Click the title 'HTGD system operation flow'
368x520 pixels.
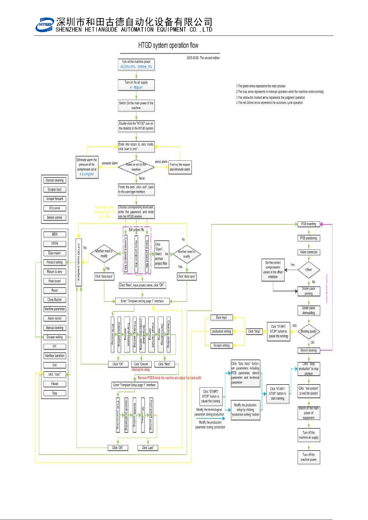(x=168, y=45)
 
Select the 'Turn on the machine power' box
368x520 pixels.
(x=136, y=64)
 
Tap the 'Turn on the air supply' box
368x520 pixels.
(x=136, y=85)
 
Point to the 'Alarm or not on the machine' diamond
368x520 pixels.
(x=136, y=167)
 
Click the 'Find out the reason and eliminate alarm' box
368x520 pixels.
(x=180, y=167)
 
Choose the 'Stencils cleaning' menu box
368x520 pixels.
(x=55, y=180)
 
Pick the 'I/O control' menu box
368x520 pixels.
(x=55, y=208)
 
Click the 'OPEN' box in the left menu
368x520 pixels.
(x=55, y=244)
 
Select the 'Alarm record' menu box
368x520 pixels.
(x=55, y=318)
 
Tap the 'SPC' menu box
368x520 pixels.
(x=55, y=346)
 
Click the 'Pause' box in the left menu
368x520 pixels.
(x=55, y=384)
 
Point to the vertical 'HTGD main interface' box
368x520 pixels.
(x=79, y=262)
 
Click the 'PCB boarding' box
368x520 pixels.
(x=308, y=224)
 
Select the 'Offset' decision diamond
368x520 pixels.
(x=308, y=270)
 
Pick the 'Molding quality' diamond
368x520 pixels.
(x=308, y=331)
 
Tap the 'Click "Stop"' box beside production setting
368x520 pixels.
(x=254, y=331)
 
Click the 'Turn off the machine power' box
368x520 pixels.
(x=308, y=457)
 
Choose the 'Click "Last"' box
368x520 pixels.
(x=148, y=447)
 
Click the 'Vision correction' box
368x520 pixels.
(x=308, y=252)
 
